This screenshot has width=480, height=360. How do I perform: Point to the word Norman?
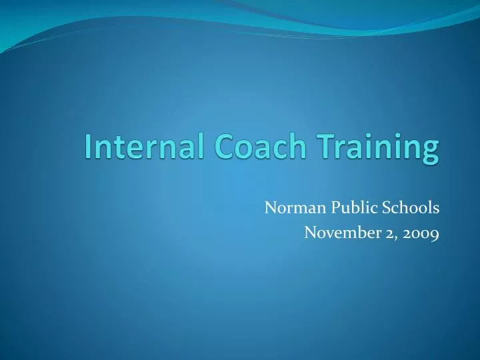290,208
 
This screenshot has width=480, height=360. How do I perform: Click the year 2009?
420,233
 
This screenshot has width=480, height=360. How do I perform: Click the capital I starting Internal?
89,148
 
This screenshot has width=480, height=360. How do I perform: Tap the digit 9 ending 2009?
433,235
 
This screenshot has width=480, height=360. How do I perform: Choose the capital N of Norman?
271,208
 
